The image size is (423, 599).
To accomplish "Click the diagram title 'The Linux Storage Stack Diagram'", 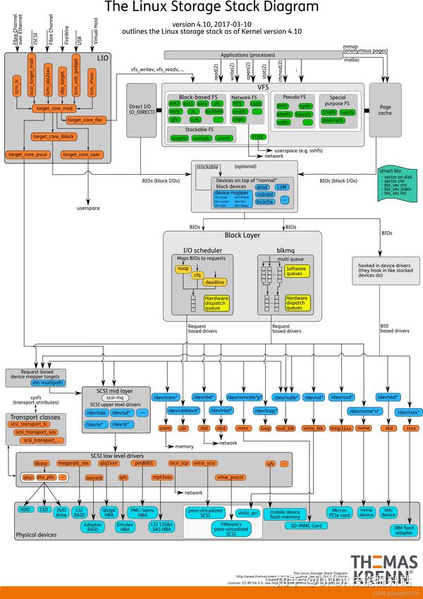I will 211,8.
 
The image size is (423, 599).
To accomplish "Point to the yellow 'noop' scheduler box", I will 183,268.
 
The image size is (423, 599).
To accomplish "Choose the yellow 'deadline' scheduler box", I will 214,282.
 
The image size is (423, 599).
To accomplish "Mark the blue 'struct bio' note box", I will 396,187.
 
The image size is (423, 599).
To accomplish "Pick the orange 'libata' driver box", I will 42,463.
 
